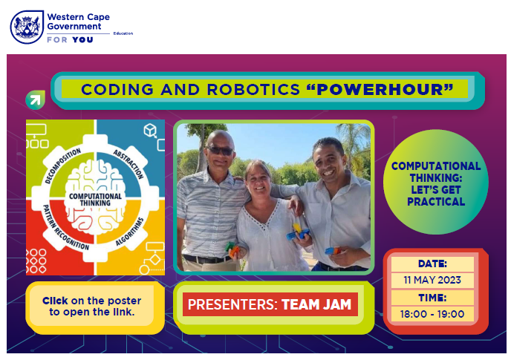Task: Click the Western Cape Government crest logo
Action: click(x=27, y=27)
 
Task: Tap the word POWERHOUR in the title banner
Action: click(x=380, y=90)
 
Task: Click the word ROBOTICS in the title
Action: click(x=253, y=90)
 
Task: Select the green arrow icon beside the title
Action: click(x=35, y=99)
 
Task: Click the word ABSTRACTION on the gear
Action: click(x=128, y=164)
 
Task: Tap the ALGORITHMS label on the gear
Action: click(x=129, y=232)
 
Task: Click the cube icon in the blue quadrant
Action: click(x=150, y=130)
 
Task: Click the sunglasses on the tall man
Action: click(x=221, y=151)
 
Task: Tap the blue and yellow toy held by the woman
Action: click(x=298, y=232)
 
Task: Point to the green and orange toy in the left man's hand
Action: click(x=232, y=250)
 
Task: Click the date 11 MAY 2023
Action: click(x=432, y=280)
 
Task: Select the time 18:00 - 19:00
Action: click(x=432, y=314)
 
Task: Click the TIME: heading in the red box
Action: click(x=432, y=298)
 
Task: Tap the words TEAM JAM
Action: click(x=316, y=304)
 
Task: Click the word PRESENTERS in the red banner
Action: click(x=232, y=304)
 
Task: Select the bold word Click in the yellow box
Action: click(x=55, y=301)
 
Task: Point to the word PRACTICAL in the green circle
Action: click(x=436, y=202)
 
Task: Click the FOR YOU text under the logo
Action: click(x=70, y=40)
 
